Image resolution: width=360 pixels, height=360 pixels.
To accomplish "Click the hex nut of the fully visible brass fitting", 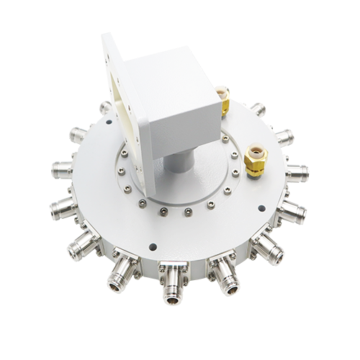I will (x=253, y=164).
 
